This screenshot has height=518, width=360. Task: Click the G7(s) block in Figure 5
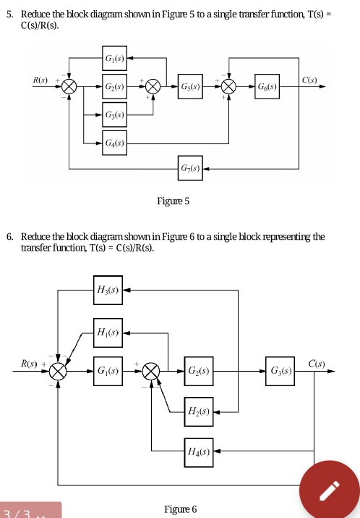[x=192, y=169]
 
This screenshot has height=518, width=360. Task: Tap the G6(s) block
[x=269, y=85]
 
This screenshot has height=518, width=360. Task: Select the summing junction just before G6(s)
[x=230, y=85]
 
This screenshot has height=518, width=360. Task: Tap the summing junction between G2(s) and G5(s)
[x=153, y=85]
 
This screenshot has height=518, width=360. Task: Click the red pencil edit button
[x=328, y=488]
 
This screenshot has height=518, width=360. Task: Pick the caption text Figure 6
[x=180, y=509]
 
